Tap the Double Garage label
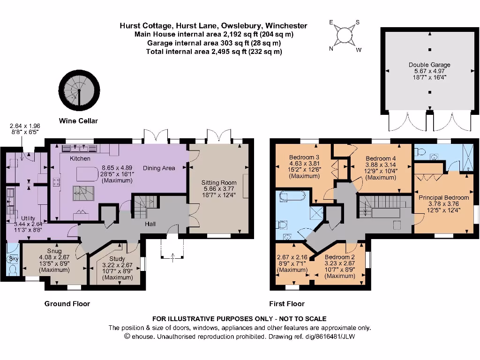click(x=429, y=65)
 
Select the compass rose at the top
click(x=345, y=36)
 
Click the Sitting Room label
click(x=219, y=182)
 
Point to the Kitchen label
click(x=80, y=159)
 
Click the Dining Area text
click(x=159, y=168)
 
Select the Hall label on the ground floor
click(x=150, y=224)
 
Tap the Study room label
click(x=117, y=258)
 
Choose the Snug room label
click(x=54, y=251)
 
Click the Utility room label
click(x=28, y=218)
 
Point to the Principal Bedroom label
click(x=443, y=197)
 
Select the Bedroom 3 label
click(x=304, y=157)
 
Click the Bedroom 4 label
click(x=381, y=158)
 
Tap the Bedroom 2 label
click(x=340, y=257)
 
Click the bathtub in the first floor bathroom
click(x=292, y=197)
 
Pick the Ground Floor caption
click(x=67, y=303)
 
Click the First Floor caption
click(x=286, y=303)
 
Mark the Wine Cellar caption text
click(x=78, y=120)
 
